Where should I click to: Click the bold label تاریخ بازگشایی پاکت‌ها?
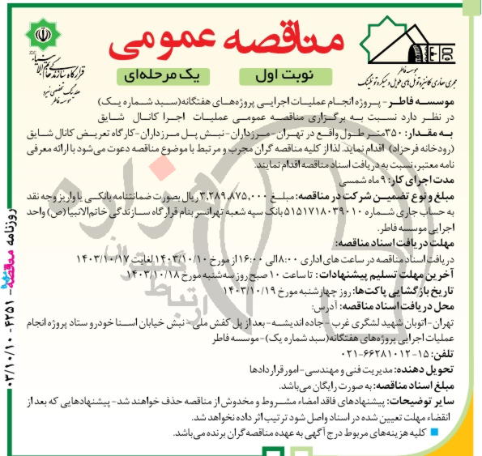[413, 286]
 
